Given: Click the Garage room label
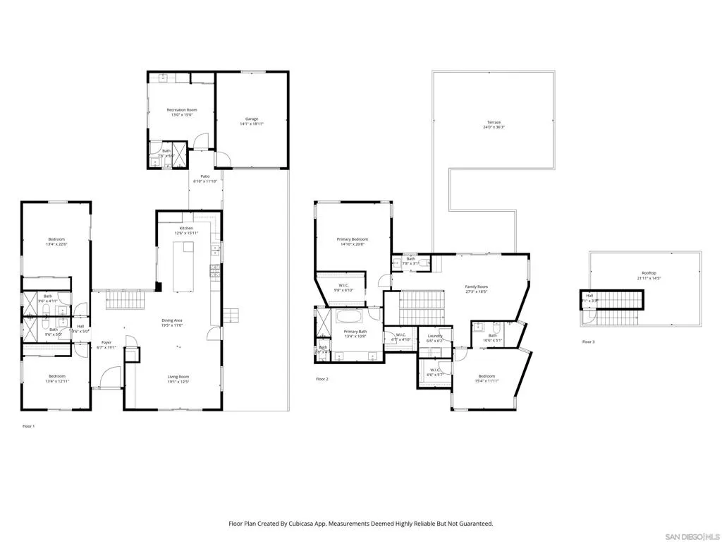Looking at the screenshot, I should tap(252, 119).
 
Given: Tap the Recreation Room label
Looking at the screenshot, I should tap(181, 110).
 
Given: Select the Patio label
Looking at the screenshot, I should tap(204, 176).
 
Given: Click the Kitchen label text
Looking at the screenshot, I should tap(186, 229).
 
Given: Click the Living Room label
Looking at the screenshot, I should tap(178, 377).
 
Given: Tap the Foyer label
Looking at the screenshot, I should tap(106, 342).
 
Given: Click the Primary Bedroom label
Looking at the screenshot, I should tap(352, 239).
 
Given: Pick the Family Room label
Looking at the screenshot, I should tap(477, 287).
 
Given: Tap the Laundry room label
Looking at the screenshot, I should tap(435, 336).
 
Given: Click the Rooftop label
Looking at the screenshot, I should tap(649, 272).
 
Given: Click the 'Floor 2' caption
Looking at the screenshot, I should tap(322, 379).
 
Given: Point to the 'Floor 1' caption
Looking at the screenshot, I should tap(28, 426).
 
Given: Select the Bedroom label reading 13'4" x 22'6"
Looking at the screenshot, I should tap(57, 240).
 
